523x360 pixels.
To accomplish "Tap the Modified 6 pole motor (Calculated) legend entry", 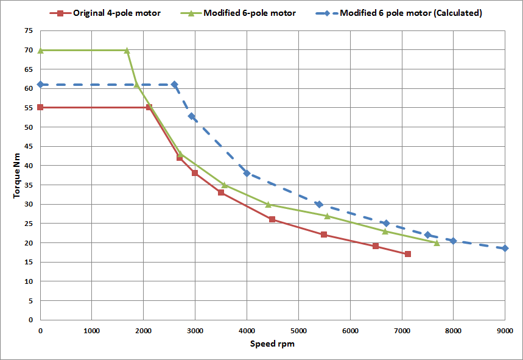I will click(x=411, y=13).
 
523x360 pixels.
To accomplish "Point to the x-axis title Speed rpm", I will click(x=272, y=344).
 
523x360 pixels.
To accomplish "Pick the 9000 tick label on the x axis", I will click(x=504, y=331).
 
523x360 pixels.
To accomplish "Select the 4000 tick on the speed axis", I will click(x=247, y=331).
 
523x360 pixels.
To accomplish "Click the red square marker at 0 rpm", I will click(x=40, y=107).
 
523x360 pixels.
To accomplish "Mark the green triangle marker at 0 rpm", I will click(x=40, y=50).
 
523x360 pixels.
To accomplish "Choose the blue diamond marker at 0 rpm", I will click(x=40, y=84).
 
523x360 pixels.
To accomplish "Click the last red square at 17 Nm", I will click(x=407, y=254).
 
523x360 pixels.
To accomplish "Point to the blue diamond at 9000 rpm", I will click(x=505, y=248).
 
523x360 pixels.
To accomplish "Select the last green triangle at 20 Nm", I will click(x=437, y=242).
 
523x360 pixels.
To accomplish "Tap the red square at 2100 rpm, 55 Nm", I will click(x=149, y=107).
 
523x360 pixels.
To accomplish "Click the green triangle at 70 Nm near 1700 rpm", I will click(x=127, y=50).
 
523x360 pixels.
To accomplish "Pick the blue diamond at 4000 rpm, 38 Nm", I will click(x=247, y=173).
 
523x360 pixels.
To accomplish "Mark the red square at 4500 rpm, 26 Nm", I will click(x=272, y=219).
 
